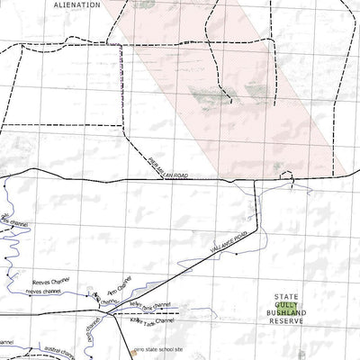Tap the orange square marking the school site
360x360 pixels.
click(x=130, y=353)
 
